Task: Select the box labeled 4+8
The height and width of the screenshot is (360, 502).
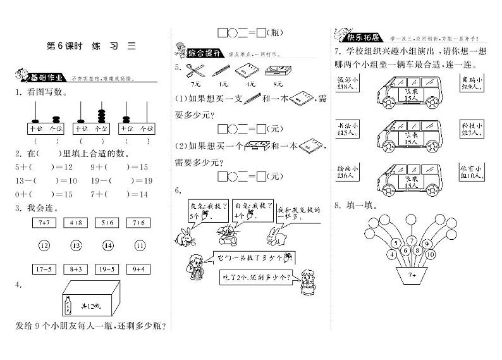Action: (x=76, y=222)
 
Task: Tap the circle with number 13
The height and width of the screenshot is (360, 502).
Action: (x=76, y=245)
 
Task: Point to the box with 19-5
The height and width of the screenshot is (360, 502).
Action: (x=107, y=268)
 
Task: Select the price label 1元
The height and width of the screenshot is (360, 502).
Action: (x=221, y=84)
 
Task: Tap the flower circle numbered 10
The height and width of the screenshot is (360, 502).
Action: (x=431, y=254)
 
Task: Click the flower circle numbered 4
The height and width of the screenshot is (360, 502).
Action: (x=392, y=254)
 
